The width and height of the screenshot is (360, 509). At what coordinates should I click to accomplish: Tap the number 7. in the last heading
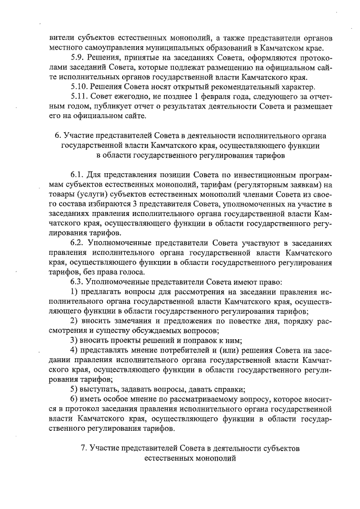[85, 448]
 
